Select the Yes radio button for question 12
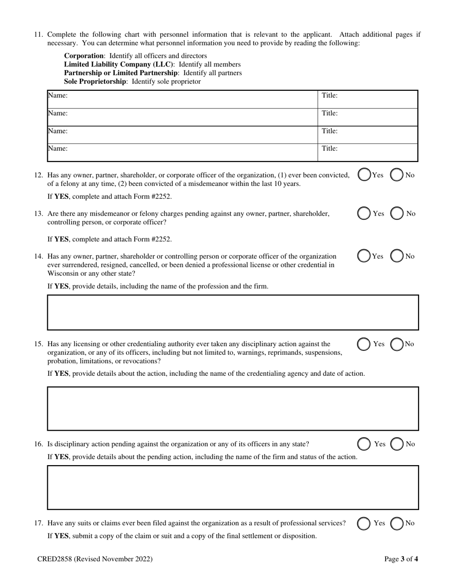[364, 175]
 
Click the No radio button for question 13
[397, 214]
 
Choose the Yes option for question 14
[364, 256]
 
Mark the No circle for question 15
[397, 344]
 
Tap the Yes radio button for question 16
[364, 444]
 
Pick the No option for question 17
[397, 523]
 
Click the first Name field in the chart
[182, 99]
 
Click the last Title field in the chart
[368, 152]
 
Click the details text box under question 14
[233, 313]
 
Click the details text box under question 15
[233, 409]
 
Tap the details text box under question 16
[233, 488]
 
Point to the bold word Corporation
[84, 56]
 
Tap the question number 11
[39, 34]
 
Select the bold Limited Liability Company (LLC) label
[119, 65]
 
